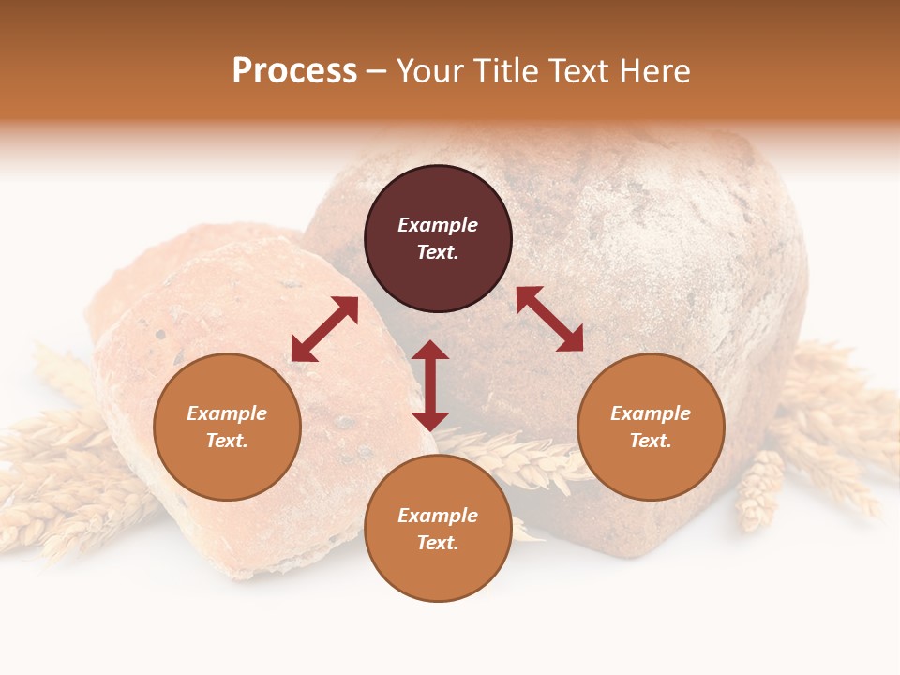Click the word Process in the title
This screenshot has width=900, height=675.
click(294, 71)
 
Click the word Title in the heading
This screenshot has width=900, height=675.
click(506, 71)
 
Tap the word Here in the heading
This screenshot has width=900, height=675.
click(653, 71)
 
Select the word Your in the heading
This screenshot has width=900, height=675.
click(432, 71)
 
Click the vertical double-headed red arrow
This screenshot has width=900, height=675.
click(430, 385)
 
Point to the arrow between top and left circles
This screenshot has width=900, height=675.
click(324, 329)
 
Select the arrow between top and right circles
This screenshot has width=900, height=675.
click(549, 319)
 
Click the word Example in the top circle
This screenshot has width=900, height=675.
click(438, 225)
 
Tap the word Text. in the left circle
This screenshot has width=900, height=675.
click(227, 441)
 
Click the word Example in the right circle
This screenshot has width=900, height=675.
click(651, 413)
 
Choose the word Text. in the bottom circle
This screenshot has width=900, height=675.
click(438, 543)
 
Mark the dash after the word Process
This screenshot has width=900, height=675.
click(377, 72)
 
